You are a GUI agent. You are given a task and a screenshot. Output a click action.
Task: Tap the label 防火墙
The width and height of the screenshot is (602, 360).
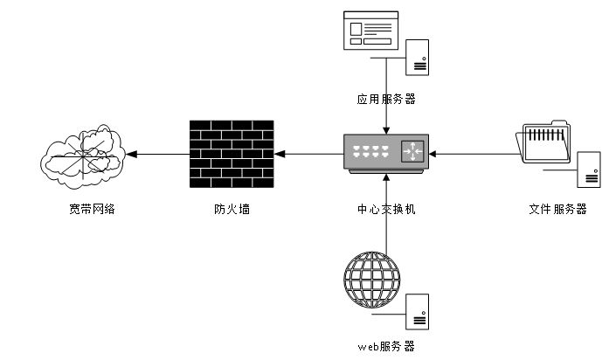232,210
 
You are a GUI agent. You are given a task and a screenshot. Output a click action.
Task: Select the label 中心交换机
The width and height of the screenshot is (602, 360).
386,210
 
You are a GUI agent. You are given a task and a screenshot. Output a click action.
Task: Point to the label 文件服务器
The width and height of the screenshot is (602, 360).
557,210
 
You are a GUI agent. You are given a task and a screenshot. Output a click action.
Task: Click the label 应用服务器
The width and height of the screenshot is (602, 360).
386,100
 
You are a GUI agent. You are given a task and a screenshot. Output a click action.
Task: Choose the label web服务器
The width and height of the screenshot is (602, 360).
386,346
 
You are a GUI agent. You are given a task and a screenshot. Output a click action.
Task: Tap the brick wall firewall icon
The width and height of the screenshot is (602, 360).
232,154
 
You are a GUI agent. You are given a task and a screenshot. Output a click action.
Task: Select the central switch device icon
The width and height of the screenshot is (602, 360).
385,152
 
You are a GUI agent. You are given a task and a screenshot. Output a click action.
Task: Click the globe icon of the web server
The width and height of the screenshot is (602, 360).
371,280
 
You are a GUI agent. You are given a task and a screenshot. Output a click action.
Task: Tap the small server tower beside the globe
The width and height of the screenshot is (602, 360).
418,311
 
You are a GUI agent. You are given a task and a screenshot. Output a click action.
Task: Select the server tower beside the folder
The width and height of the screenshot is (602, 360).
589,169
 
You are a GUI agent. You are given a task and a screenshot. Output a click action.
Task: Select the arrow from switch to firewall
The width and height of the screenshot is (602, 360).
309,155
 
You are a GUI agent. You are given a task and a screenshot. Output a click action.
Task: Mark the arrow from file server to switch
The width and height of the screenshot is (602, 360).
476,155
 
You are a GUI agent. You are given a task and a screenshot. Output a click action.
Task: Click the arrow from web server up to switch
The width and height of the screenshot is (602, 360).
385,214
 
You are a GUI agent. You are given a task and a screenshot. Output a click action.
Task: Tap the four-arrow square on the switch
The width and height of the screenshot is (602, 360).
412,151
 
